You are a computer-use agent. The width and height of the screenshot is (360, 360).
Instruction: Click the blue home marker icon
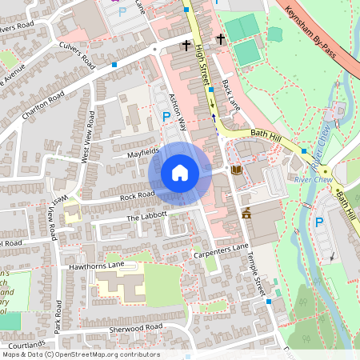click(180, 172)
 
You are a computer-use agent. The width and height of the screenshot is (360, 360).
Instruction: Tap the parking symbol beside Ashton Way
click(166, 117)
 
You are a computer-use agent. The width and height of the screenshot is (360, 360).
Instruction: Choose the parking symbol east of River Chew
click(320, 223)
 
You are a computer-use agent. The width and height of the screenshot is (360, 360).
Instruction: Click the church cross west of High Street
click(186, 46)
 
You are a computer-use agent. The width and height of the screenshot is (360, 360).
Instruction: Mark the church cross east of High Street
click(220, 38)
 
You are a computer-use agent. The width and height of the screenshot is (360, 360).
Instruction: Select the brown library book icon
click(236, 170)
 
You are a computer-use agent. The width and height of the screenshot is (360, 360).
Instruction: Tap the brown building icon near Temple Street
click(246, 214)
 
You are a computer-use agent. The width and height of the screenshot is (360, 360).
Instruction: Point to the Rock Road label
click(137, 194)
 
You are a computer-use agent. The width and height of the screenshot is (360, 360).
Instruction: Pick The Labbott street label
click(146, 216)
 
